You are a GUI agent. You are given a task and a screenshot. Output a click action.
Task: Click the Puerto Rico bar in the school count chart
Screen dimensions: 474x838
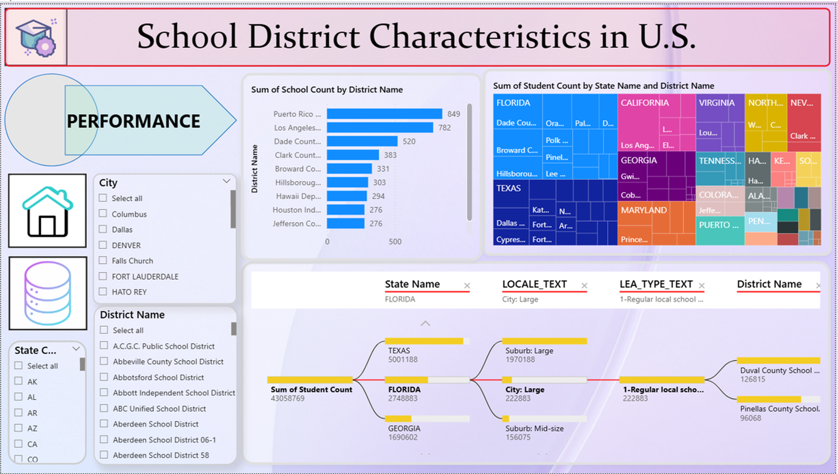point(385,114)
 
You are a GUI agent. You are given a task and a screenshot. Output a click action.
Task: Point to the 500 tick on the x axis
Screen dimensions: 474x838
point(395,242)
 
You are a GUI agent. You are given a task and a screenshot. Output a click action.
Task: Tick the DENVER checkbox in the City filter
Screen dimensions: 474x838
point(103,245)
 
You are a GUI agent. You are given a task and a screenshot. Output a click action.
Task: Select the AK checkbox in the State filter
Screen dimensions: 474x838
point(19,381)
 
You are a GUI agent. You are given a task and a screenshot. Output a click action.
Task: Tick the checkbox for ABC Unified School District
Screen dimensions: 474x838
point(104,408)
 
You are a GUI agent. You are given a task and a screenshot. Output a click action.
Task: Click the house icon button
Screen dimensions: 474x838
point(48,211)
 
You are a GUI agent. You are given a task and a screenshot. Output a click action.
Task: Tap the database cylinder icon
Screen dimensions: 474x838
point(48,293)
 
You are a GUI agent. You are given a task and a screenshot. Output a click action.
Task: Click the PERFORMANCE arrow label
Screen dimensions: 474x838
point(134,121)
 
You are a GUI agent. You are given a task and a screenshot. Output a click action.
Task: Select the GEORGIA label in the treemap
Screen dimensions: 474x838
point(639,160)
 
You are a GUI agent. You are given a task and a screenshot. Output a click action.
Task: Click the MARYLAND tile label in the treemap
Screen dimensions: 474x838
point(644,210)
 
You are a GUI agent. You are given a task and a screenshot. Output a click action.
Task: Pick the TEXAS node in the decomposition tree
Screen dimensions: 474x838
point(399,351)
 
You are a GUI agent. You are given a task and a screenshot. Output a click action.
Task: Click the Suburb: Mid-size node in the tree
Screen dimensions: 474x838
point(534,428)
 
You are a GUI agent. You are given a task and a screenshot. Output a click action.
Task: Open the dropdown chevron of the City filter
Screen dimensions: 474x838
point(227,181)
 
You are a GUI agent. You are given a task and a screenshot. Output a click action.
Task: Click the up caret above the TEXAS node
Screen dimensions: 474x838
point(425,324)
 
